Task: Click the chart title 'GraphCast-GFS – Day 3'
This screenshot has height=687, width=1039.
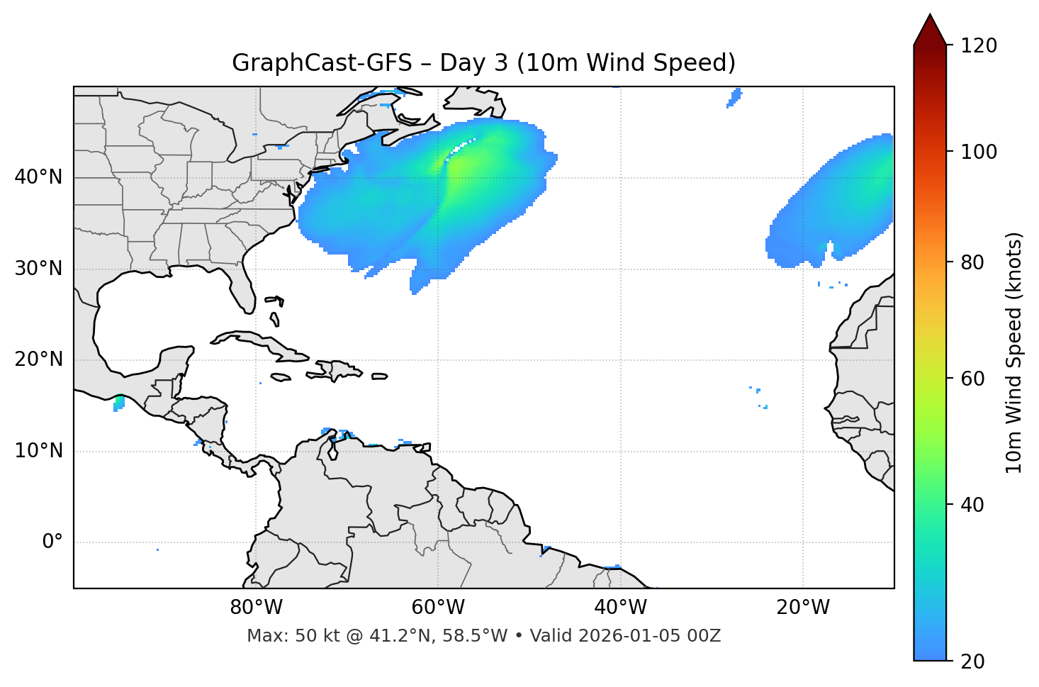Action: (x=483, y=63)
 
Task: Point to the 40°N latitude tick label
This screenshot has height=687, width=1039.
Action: (x=38, y=177)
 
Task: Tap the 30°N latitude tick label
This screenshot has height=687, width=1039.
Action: (x=38, y=269)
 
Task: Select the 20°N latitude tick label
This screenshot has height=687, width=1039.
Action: (x=38, y=359)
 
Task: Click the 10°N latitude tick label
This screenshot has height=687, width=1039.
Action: (x=38, y=451)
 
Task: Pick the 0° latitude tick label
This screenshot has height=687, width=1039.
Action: (x=52, y=542)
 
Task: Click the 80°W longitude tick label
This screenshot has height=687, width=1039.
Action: (x=256, y=608)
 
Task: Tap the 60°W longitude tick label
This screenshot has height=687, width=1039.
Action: (x=437, y=608)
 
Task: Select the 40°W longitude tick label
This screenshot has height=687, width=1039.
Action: (x=620, y=608)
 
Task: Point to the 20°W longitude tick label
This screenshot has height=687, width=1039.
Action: (x=802, y=608)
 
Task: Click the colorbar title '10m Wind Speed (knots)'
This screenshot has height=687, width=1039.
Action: (x=1015, y=353)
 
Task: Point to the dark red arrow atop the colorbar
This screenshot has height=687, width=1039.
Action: (x=930, y=30)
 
